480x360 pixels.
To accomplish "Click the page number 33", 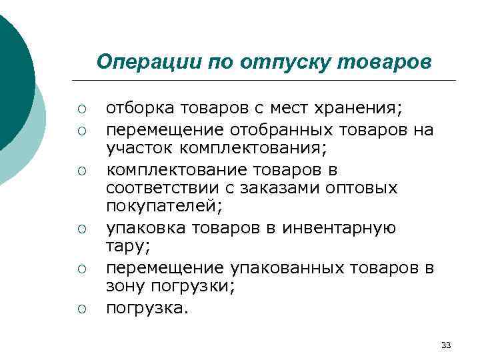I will [x=446, y=345].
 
